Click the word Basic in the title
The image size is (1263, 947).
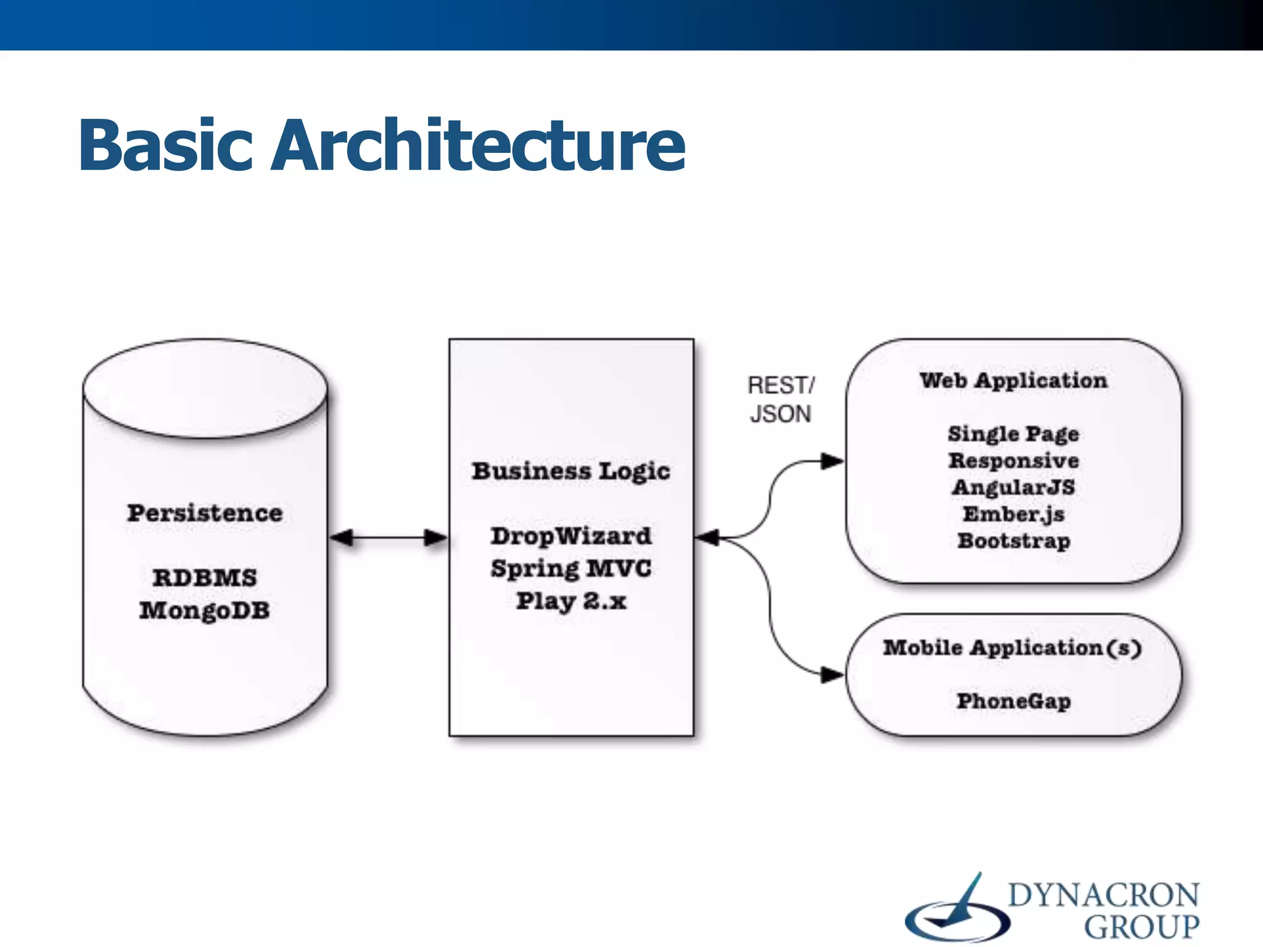pos(165,146)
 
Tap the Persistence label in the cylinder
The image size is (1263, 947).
pos(205,513)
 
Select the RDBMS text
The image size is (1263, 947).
pos(205,578)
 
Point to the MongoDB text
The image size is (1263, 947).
pos(205,610)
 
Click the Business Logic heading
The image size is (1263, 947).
pos(571,471)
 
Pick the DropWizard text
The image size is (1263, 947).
pos(571,536)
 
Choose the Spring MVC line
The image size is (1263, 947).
pos(571,568)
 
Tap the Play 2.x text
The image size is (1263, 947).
pos(571,601)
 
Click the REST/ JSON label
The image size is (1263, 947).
pos(781,400)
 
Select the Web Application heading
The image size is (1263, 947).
pos(1013,380)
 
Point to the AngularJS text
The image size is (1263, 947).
pos(1013,487)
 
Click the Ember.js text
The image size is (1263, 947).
pos(1013,514)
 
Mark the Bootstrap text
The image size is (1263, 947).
pos(1013,541)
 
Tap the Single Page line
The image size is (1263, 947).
pos(1013,433)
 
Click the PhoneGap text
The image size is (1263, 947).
pos(1013,701)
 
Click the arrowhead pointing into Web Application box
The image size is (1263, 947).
pos(833,461)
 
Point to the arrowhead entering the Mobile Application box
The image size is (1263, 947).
pos(833,675)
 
